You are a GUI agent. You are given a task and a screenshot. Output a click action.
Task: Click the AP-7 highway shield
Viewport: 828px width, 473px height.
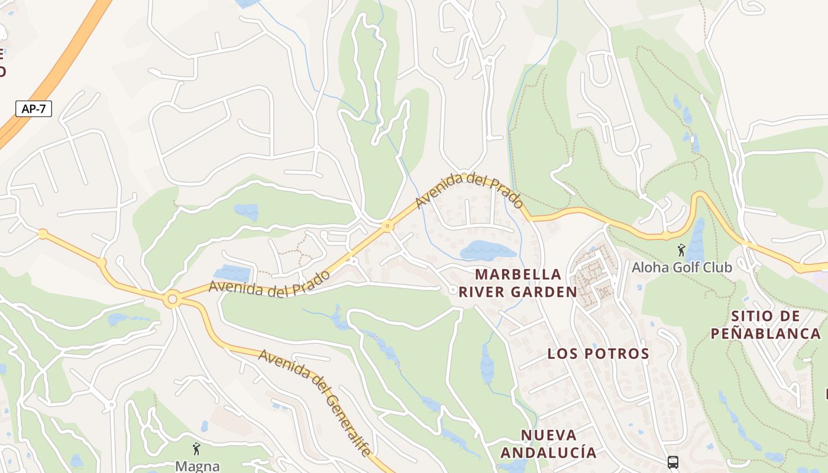point(33,109)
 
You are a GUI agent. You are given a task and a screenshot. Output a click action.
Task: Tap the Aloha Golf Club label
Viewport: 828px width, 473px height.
point(682,267)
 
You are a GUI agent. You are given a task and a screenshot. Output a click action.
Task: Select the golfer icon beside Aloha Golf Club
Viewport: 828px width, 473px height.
point(681,250)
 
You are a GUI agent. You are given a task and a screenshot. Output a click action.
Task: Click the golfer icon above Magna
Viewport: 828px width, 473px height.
point(196,449)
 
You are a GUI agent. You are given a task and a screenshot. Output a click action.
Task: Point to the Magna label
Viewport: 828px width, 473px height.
point(198,466)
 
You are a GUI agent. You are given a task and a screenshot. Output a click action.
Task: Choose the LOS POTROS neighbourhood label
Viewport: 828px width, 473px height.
point(598,354)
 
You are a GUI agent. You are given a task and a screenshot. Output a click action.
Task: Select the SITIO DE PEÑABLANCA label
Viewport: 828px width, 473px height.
point(765,325)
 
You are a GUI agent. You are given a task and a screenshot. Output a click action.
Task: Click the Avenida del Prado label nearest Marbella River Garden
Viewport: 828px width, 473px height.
point(470,190)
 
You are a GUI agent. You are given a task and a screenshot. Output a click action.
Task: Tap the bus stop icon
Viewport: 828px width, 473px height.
point(673,462)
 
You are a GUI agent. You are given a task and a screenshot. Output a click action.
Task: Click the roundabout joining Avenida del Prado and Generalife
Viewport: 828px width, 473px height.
point(173,300)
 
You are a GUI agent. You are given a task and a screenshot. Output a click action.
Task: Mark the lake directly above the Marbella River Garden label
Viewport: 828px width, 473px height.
point(488,251)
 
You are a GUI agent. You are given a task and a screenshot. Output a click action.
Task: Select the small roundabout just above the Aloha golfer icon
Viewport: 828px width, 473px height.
point(667,235)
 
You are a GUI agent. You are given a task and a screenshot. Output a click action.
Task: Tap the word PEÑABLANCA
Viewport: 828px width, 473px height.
point(765,333)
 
